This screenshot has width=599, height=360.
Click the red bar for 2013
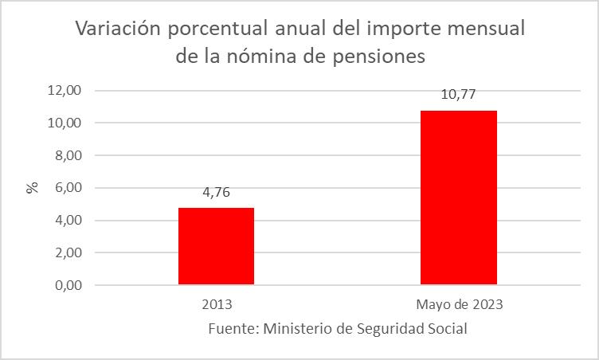tap(216, 246)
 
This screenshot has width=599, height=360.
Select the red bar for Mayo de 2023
tap(459, 198)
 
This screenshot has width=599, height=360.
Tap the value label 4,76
tap(216, 192)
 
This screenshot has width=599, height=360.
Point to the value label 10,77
tap(459, 95)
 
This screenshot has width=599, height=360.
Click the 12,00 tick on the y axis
tap(65, 91)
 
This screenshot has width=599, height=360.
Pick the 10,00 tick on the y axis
tap(65, 123)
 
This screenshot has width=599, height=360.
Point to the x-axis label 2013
tap(217, 304)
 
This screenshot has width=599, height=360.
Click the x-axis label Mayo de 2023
tap(459, 304)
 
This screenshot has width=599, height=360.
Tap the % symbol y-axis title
tap(33, 188)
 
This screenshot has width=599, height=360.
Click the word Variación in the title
tap(117, 30)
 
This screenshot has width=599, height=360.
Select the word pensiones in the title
tap(383, 57)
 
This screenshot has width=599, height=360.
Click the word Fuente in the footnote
tap(229, 328)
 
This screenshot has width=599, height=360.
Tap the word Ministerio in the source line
tap(299, 328)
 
